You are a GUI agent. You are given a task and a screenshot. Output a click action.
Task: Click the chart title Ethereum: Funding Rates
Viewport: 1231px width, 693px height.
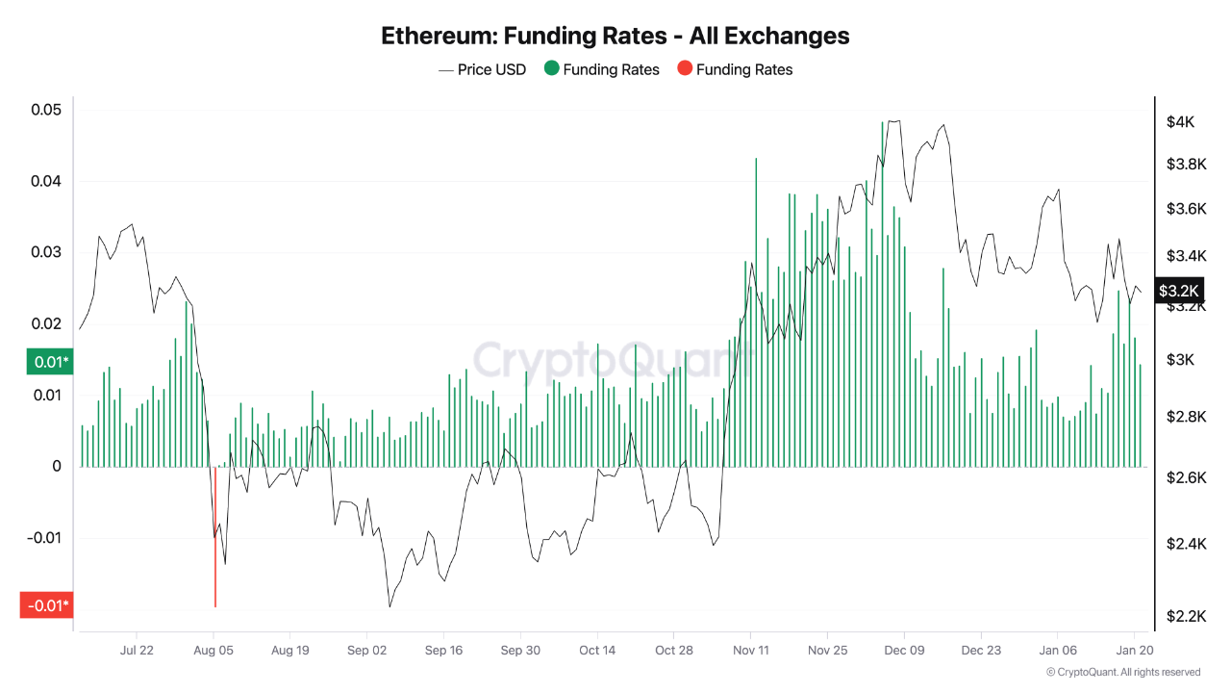615,36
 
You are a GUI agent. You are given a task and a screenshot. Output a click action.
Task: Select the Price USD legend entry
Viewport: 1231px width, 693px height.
483,69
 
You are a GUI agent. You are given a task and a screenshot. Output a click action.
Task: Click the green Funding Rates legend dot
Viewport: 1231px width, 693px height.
551,69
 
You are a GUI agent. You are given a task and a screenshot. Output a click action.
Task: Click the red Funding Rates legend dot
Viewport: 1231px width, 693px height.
684,69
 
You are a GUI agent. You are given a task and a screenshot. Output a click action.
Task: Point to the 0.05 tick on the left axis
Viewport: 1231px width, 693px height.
46,110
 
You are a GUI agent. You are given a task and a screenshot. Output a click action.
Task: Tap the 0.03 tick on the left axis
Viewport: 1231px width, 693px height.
46,252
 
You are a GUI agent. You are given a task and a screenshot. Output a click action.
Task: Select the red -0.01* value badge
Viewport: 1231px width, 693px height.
46,605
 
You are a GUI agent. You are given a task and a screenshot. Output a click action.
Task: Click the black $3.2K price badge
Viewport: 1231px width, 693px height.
1179,291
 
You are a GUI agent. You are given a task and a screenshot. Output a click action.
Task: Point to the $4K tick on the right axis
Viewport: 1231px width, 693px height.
1180,122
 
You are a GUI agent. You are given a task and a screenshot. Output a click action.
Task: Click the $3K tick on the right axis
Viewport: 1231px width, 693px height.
1180,360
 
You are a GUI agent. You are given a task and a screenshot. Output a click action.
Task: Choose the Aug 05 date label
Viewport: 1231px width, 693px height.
214,650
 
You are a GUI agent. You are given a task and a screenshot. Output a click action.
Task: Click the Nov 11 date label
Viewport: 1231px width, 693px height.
750,650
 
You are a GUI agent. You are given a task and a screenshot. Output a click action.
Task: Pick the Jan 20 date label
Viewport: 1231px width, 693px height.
1133,650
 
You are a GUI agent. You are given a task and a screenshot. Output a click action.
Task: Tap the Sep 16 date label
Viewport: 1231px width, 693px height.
443,650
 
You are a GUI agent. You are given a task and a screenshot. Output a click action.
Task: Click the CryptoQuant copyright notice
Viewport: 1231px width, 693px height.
1122,672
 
